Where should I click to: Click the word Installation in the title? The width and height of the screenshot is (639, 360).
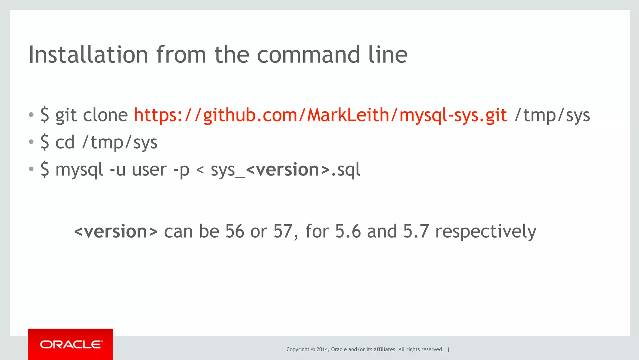tap(88, 55)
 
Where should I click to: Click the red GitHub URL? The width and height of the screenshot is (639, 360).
tap(320, 115)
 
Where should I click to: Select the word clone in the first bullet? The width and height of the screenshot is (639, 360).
tap(105, 115)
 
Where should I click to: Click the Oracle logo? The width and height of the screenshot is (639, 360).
tap(71, 344)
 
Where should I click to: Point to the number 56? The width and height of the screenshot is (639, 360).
tap(235, 231)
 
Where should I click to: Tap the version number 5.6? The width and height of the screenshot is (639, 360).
tap(348, 231)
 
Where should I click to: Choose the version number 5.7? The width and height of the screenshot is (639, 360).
tap(416, 231)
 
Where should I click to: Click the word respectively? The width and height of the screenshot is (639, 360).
tap(485, 232)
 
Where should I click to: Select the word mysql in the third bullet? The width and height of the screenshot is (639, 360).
tap(79, 170)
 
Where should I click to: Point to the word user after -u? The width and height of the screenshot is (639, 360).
tap(149, 170)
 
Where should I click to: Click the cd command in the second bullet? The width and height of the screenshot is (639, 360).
tap(65, 142)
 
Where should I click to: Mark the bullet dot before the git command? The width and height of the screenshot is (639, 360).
tap(31, 115)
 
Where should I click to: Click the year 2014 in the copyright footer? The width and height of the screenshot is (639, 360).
tap(322, 349)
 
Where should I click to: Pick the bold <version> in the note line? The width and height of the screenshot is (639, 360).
tap(116, 231)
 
